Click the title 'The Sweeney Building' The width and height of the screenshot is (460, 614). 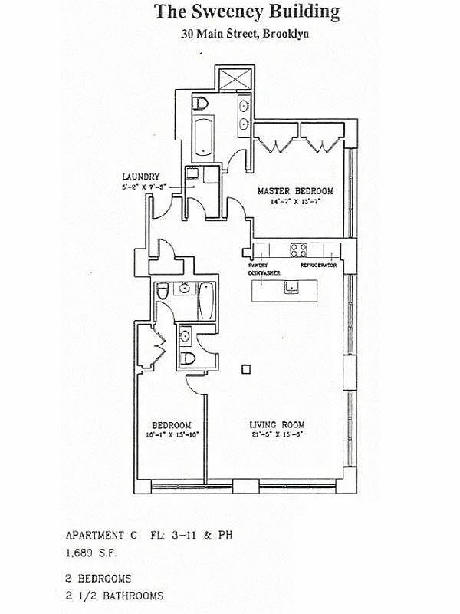click(247, 12)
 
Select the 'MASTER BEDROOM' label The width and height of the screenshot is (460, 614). click(295, 191)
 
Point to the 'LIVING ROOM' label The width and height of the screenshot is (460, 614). click(278, 424)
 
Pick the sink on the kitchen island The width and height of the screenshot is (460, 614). click(292, 287)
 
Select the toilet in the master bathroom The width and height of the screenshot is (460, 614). click(200, 104)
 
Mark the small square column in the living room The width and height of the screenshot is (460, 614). click(245, 369)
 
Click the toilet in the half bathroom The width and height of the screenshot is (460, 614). click(187, 357)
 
